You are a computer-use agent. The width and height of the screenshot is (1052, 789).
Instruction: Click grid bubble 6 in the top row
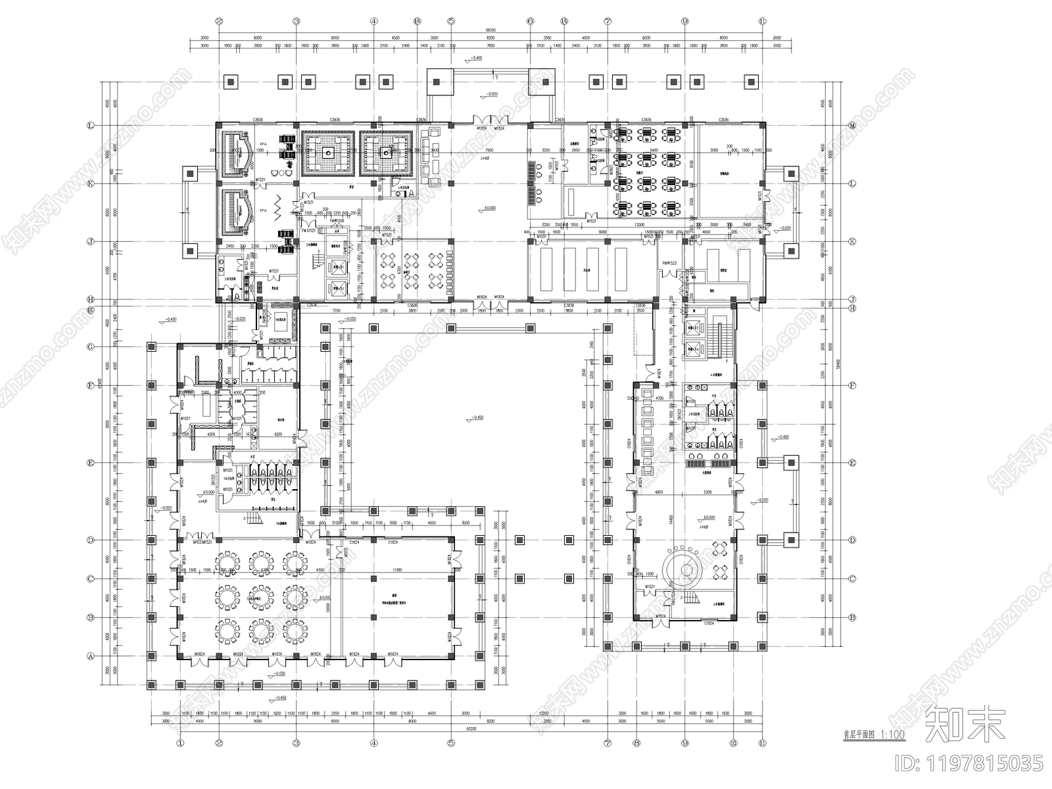(530, 21)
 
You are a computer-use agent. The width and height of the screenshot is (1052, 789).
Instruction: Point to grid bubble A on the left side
(90, 656)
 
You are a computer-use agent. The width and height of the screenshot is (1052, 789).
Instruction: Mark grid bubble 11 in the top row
(762, 21)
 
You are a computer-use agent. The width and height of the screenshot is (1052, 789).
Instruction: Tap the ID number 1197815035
(983, 763)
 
